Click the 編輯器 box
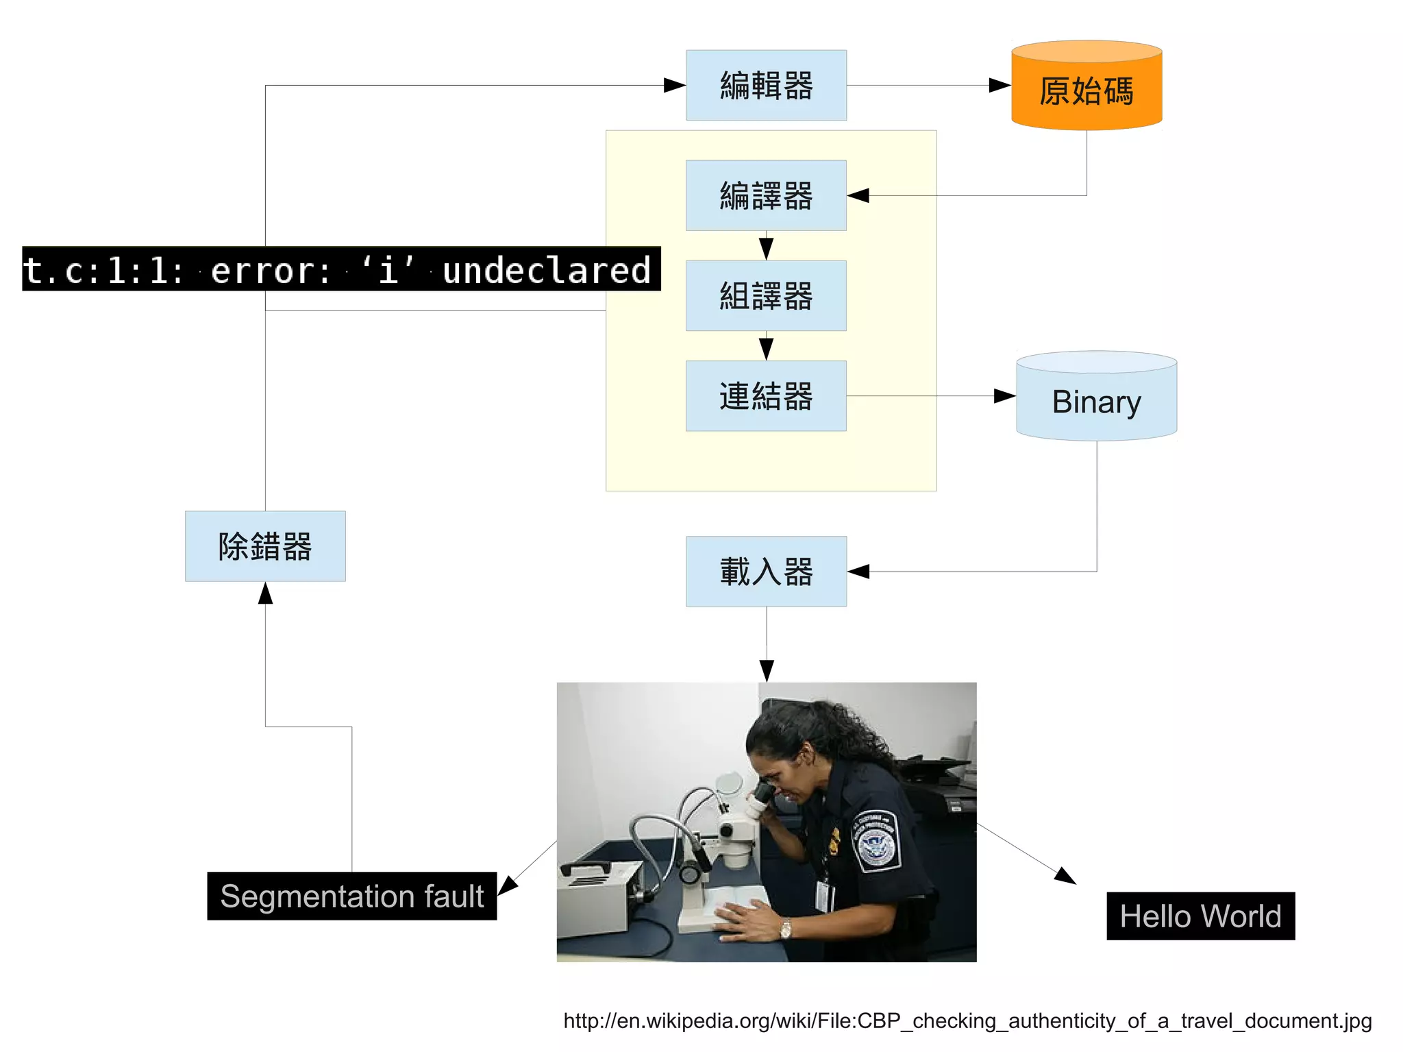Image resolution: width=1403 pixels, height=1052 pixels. (766, 85)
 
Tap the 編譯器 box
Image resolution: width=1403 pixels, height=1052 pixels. (766, 195)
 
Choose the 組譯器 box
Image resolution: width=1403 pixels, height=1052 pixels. (766, 295)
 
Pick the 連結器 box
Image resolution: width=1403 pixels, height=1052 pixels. (766, 395)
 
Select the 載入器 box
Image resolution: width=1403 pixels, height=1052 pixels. (766, 571)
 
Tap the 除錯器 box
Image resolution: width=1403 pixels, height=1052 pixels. (265, 546)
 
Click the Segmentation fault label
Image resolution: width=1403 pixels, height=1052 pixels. (351, 896)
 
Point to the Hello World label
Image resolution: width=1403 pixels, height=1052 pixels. (1200, 916)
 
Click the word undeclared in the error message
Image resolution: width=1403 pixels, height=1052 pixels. (546, 270)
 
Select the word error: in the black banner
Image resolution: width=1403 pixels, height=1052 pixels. (271, 270)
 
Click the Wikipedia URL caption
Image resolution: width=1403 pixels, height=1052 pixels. (967, 1020)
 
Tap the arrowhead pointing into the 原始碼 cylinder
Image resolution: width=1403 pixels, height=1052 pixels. (1000, 85)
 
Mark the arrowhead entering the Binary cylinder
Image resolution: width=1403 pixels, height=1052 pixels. (1005, 395)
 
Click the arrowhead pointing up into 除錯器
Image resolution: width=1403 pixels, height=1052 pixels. (265, 593)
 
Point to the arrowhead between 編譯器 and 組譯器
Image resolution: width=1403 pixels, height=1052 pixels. (766, 247)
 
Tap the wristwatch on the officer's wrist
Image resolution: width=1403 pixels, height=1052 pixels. (785, 929)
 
